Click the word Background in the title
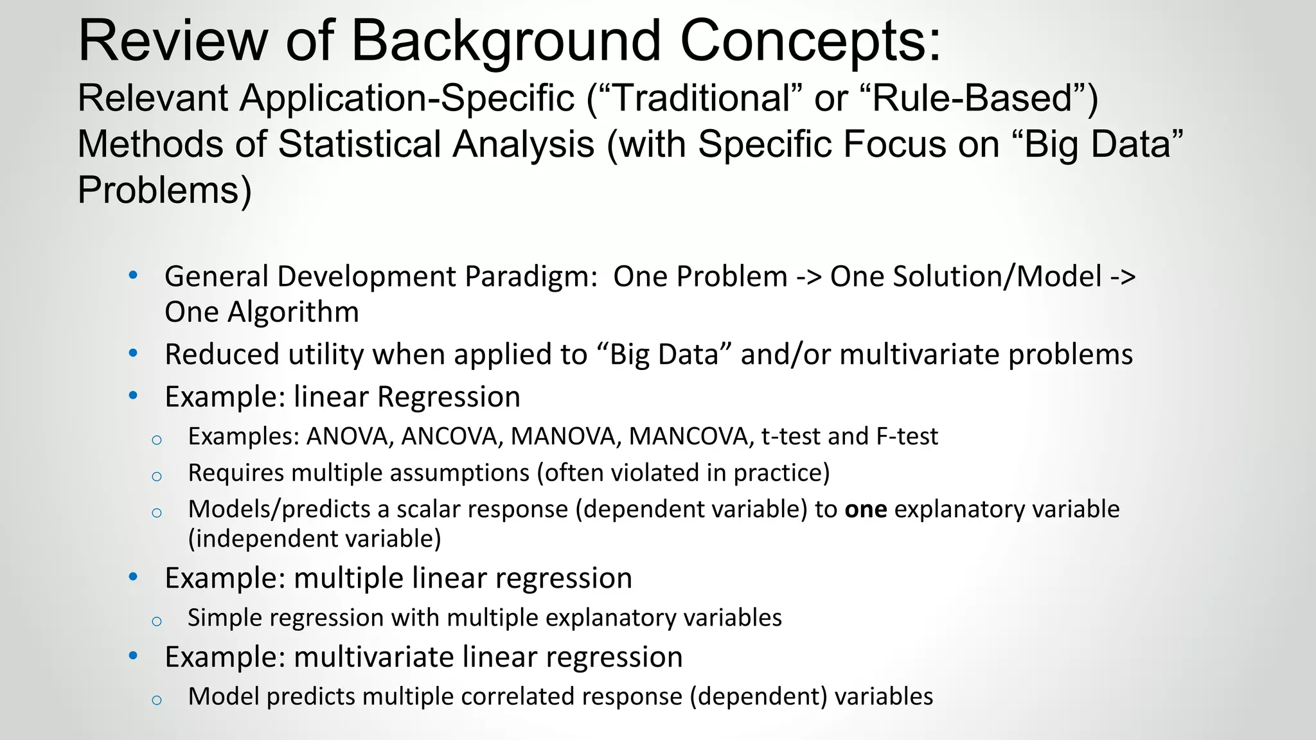pyautogui.click(x=506, y=41)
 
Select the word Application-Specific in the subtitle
pyautogui.click(x=407, y=98)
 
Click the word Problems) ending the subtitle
pyautogui.click(x=164, y=190)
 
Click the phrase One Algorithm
pyautogui.click(x=262, y=312)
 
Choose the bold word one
pyautogui.click(x=866, y=509)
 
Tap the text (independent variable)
pyautogui.click(x=314, y=539)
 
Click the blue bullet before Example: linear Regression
pyautogui.click(x=133, y=396)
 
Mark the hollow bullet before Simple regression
pyautogui.click(x=157, y=621)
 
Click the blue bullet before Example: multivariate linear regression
pyautogui.click(x=133, y=656)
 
